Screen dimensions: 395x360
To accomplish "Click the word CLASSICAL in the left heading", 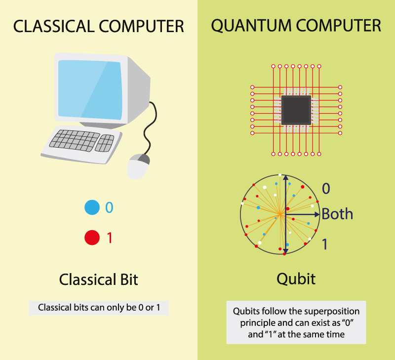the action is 53,26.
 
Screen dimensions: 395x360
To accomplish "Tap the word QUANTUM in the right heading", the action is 251,26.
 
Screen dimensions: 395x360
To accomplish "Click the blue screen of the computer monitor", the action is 90,89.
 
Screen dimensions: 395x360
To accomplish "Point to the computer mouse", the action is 138,166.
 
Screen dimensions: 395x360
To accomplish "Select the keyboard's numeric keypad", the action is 105,143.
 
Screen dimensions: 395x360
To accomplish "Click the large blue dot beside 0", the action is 92,207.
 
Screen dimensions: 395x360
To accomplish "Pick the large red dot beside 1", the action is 92,238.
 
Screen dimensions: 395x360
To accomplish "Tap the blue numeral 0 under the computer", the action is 109,207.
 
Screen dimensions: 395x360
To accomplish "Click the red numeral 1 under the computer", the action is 109,238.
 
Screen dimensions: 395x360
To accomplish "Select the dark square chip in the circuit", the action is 296,110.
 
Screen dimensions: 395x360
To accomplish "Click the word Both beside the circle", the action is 337,214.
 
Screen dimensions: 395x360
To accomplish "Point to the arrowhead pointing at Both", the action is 317,214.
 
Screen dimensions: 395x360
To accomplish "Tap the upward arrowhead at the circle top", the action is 286,177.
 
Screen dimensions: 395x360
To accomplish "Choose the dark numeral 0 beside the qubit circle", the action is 326,189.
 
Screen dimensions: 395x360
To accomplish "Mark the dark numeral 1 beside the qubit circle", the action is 325,244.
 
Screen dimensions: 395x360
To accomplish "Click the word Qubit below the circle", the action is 296,280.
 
